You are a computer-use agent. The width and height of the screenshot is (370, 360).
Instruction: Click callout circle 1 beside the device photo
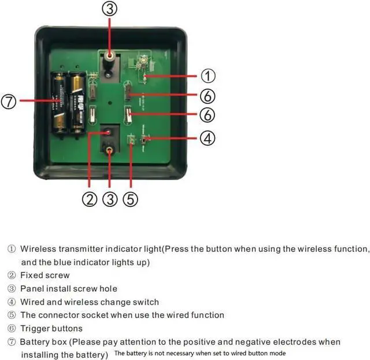click(208, 76)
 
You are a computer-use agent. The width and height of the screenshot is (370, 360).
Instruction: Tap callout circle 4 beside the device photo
click(208, 138)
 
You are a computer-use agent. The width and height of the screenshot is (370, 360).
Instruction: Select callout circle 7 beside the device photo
click(9, 102)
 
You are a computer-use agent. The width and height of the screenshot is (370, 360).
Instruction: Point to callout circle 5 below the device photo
click(131, 200)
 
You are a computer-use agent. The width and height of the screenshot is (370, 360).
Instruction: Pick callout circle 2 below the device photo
click(89, 200)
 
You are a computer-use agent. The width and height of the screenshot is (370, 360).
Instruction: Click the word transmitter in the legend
click(80, 249)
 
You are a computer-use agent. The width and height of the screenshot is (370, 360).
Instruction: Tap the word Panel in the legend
click(32, 288)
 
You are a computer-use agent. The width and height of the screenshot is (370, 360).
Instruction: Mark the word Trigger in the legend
click(35, 328)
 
